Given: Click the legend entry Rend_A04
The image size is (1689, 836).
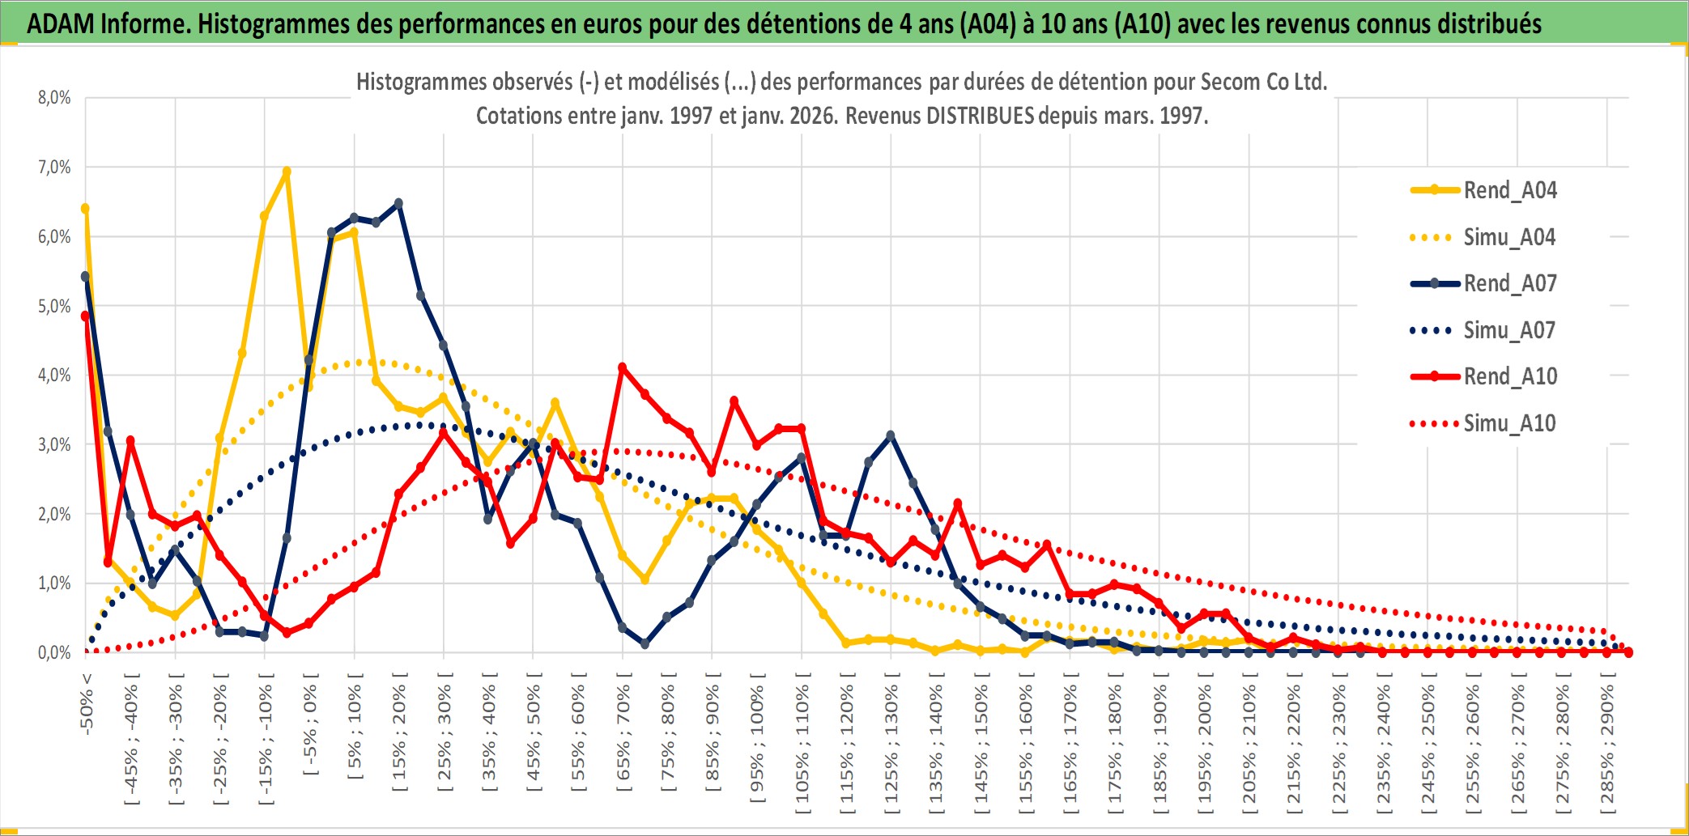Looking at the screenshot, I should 1509,190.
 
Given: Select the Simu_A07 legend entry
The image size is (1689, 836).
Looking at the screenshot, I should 1509,330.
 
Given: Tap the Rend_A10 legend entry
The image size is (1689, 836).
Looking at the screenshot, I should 1509,376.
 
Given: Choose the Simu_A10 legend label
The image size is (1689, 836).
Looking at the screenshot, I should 1509,423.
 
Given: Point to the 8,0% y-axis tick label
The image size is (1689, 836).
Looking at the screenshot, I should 54,98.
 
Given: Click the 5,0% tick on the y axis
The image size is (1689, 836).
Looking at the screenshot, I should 54,306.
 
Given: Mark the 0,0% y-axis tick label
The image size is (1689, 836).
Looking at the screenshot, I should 54,652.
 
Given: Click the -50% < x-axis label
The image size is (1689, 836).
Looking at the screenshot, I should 87,704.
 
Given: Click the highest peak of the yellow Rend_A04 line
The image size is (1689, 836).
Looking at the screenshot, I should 287,172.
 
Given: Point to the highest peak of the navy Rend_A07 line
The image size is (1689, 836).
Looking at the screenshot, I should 398,203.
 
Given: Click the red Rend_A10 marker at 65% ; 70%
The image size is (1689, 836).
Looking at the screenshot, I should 623,367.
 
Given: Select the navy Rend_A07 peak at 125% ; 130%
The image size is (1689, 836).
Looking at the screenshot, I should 891,435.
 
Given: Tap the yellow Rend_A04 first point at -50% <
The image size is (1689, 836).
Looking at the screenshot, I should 85,209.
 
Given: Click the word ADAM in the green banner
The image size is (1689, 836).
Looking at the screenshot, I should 61,24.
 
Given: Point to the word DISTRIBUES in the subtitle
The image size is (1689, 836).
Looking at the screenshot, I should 980,116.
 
